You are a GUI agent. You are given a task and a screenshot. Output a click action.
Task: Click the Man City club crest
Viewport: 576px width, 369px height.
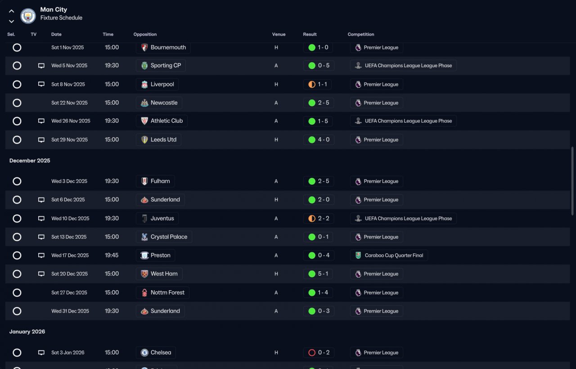click(28, 16)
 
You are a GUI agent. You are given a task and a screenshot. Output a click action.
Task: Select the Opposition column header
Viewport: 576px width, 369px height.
click(145, 34)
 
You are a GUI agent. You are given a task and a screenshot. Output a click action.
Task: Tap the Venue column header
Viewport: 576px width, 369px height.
click(279, 34)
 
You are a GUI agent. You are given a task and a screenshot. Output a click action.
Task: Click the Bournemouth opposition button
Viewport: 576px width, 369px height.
click(163, 47)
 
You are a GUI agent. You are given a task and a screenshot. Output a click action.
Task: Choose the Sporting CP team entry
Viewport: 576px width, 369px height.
click(161, 66)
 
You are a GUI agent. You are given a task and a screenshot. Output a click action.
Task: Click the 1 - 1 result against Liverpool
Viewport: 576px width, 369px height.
click(319, 84)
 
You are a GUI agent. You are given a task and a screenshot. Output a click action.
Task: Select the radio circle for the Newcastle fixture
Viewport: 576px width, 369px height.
click(17, 103)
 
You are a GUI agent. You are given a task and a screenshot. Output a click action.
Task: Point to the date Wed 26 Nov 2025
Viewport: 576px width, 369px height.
click(71, 121)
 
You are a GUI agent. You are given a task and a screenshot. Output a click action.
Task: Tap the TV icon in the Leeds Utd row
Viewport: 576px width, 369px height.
click(41, 140)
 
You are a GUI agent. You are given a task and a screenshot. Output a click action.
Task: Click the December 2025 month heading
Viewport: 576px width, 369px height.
click(30, 161)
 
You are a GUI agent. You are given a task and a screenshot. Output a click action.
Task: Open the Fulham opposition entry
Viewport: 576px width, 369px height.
click(155, 181)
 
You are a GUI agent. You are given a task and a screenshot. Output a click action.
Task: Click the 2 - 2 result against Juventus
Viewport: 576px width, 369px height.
click(319, 219)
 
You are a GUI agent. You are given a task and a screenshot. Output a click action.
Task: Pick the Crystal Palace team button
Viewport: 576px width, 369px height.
click(164, 237)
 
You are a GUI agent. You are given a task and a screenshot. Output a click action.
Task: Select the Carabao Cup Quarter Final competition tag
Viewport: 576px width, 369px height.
click(389, 256)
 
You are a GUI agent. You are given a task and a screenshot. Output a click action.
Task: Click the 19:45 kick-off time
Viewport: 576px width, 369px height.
click(112, 256)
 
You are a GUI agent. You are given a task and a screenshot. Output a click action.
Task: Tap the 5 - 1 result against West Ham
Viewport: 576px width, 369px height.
click(319, 274)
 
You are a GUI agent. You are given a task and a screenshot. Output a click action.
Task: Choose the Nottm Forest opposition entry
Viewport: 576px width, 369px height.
click(162, 292)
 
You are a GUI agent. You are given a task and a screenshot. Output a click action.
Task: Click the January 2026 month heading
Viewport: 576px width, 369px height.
click(27, 332)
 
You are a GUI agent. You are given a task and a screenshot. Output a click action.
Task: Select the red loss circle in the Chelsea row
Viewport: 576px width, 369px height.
click(312, 353)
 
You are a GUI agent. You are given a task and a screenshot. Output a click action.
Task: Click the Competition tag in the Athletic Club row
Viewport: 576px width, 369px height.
click(403, 121)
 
